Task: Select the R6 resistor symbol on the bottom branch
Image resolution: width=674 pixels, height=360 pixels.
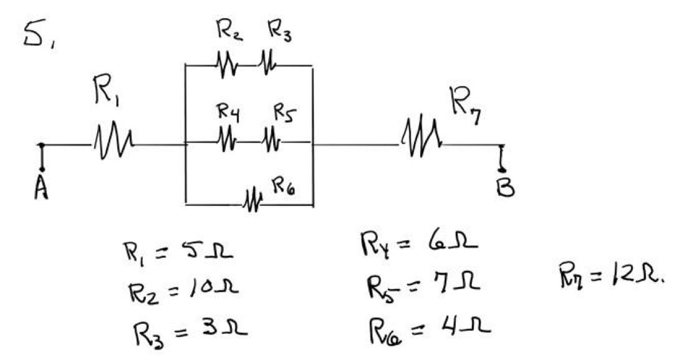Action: tap(253, 202)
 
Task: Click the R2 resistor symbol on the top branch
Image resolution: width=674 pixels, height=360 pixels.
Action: tap(226, 65)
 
